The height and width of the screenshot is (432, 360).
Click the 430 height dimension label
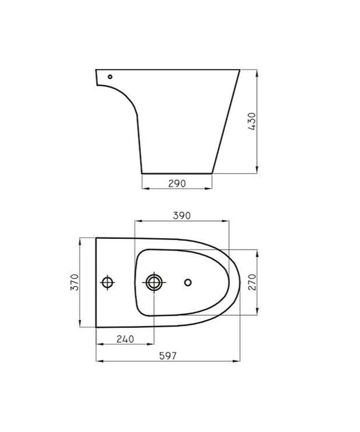[x=251, y=122]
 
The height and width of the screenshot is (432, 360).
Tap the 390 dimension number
[x=182, y=215]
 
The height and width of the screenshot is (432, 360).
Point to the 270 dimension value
[x=251, y=283]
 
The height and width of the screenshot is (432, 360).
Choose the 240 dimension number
[x=125, y=338]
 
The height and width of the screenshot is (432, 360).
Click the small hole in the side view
[x=110, y=76]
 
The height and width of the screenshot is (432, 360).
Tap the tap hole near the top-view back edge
[x=108, y=282]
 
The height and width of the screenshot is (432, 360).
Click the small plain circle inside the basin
[x=188, y=282]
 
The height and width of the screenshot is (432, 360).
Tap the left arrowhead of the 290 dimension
[x=144, y=189]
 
